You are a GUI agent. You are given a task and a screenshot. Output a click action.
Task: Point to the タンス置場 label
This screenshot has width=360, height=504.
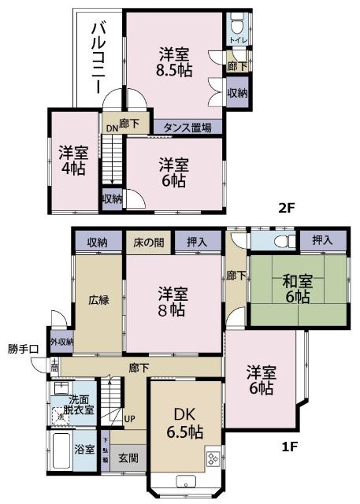[187, 127]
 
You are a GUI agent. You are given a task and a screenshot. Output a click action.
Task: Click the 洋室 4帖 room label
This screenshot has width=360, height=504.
[74, 161]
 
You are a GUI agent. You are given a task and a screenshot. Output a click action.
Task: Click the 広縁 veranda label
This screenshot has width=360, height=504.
[98, 300]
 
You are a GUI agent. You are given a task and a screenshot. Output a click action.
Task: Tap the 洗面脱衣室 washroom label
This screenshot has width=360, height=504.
[80, 404]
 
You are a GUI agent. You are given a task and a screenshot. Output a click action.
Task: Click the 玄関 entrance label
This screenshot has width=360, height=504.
[128, 457]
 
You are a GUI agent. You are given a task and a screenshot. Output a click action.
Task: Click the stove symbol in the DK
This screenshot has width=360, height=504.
[213, 457]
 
